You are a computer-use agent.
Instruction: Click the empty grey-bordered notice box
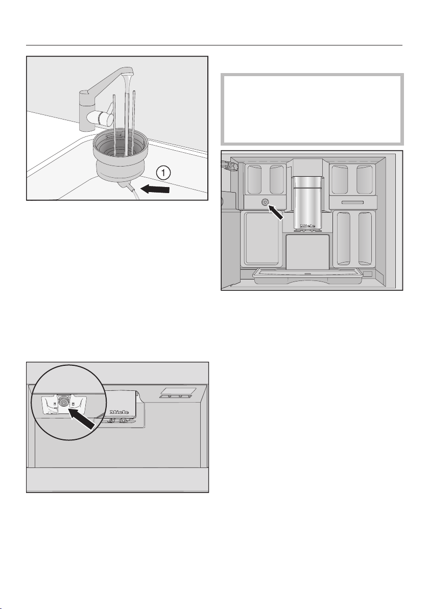313,109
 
